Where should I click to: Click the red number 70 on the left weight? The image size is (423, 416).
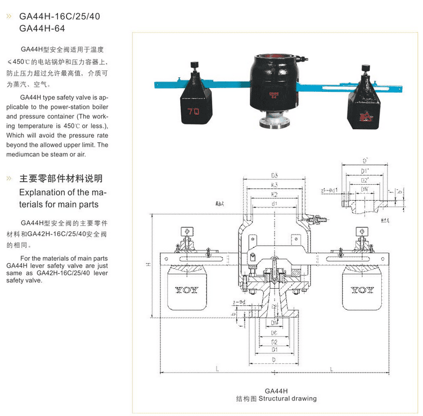point(194,112)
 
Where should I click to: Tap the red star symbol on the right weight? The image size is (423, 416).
point(367,114)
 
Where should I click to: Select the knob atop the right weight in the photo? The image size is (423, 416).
point(367,68)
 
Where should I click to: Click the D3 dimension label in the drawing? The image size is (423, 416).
point(274,175)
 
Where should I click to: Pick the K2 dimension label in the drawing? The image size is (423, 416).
point(274,194)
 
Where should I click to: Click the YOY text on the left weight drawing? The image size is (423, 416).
point(186,290)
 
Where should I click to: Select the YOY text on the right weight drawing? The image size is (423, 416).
point(362,290)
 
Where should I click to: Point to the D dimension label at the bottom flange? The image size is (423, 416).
point(274,359)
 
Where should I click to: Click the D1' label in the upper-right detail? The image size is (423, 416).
point(365,171)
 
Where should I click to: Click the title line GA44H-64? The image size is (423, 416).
point(42,28)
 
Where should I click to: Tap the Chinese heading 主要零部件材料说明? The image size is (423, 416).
point(61,179)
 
